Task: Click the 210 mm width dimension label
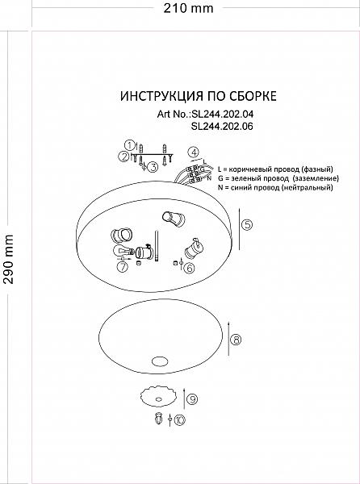(188, 8)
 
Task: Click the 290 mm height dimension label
(8, 259)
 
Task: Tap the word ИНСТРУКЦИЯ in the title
(161, 96)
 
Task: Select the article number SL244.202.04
(222, 115)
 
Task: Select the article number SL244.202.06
(222, 127)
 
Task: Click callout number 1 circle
(130, 145)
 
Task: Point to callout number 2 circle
(123, 156)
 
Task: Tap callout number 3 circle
(153, 167)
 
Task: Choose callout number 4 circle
(194, 152)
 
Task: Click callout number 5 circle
(246, 225)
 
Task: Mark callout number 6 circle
(189, 268)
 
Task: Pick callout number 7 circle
(123, 266)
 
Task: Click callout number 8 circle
(236, 340)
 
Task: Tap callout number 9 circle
(192, 399)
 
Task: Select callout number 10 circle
(180, 419)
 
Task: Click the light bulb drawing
(122, 251)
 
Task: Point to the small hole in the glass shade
(160, 361)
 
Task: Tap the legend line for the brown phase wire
(275, 169)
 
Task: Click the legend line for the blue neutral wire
(275, 187)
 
